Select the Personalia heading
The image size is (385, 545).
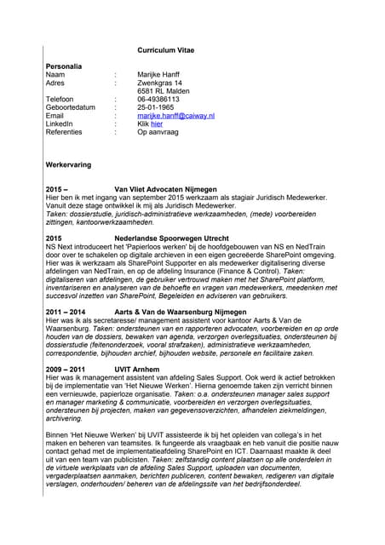pyautogui.click(x=64, y=66)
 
